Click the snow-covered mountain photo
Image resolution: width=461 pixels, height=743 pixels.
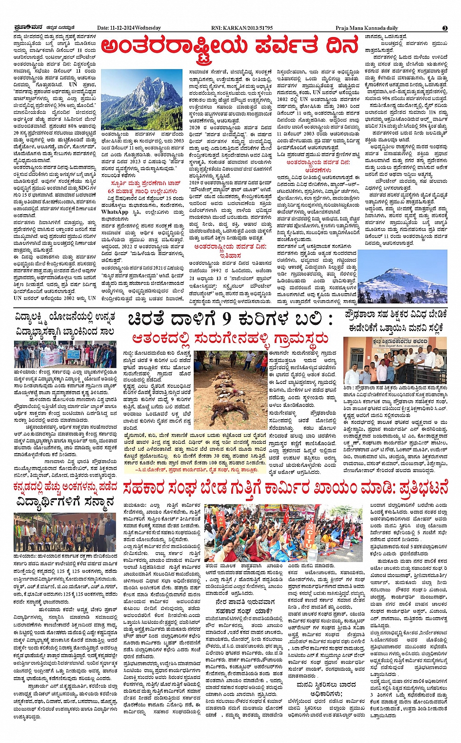tap(402, 277)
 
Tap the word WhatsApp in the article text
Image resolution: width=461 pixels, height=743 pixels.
tap(115, 212)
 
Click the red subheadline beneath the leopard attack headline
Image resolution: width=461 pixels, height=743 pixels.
tap(230, 339)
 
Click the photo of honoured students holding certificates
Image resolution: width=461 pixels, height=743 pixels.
tap(64, 532)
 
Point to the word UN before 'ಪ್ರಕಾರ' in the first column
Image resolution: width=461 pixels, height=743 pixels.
tap(73, 84)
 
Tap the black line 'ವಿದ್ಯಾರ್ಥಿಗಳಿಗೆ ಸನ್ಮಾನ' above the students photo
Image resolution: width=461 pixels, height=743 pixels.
tap(65, 502)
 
